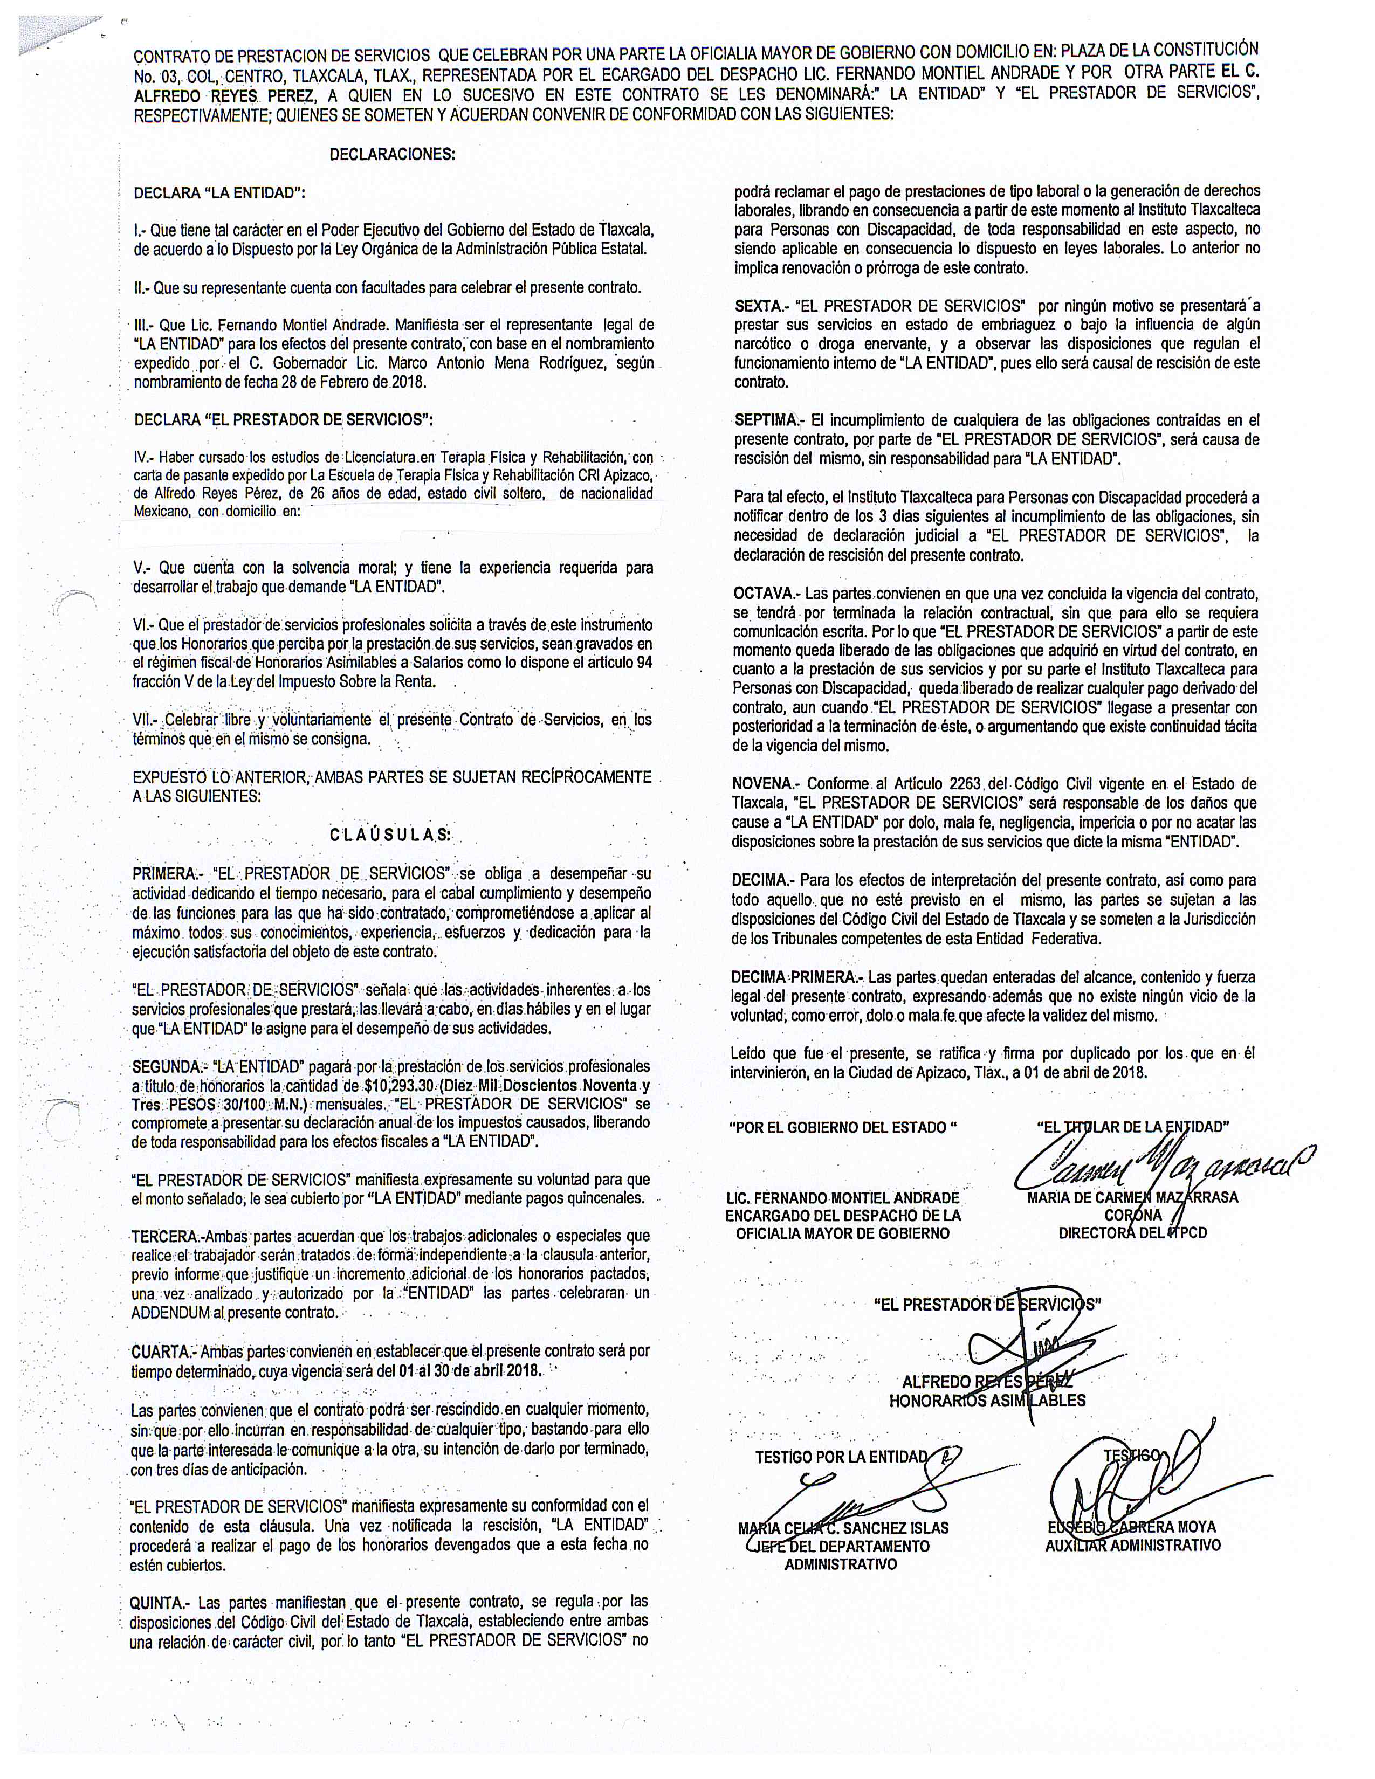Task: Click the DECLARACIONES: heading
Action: coord(392,155)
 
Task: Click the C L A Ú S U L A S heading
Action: coord(390,834)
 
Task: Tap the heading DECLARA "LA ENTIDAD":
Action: coord(219,194)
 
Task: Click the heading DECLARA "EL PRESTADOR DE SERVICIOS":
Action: coord(283,420)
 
